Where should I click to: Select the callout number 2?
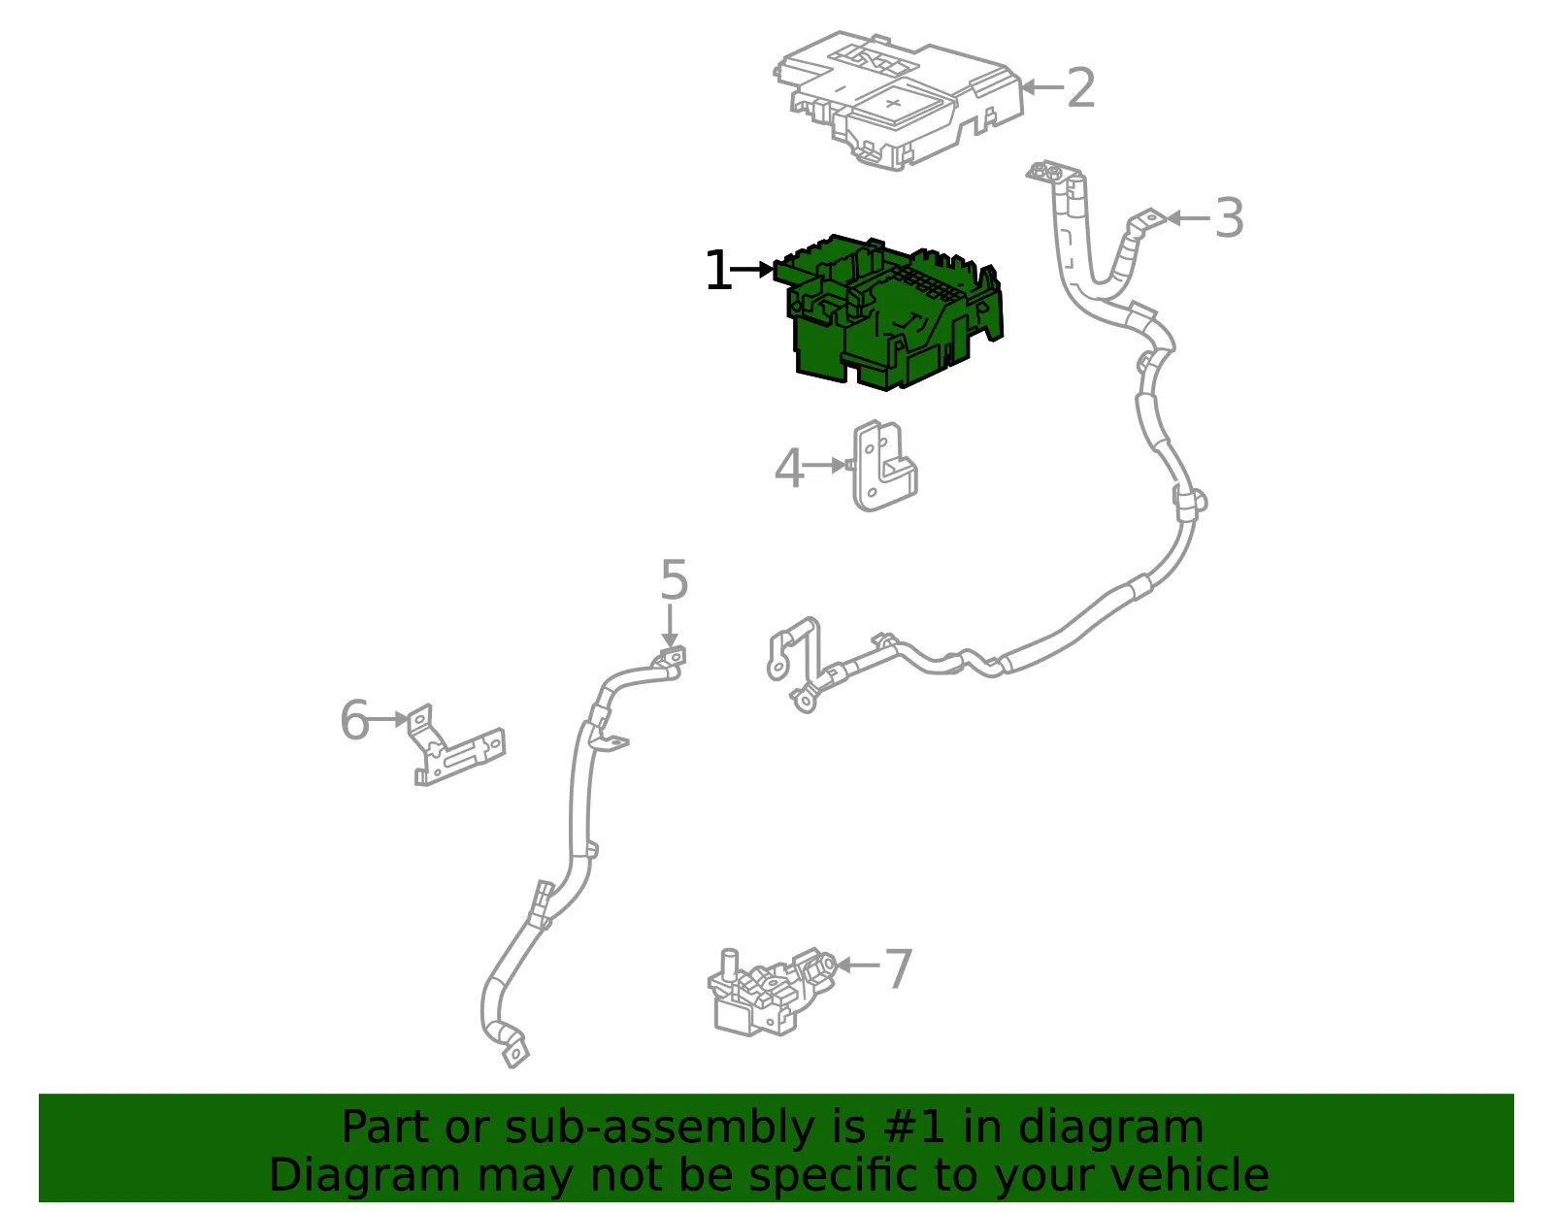tap(1080, 88)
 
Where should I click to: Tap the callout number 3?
tap(1229, 217)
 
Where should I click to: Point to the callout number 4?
tap(789, 468)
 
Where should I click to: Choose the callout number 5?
tap(674, 579)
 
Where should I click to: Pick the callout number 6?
tap(354, 719)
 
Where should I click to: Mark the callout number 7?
tap(899, 967)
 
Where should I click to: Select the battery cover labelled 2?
tap(899, 100)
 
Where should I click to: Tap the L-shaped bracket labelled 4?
tap(883, 466)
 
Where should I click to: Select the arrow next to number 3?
tap(1188, 217)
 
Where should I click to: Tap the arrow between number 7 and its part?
tap(858, 966)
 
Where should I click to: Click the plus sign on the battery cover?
tap(893, 103)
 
